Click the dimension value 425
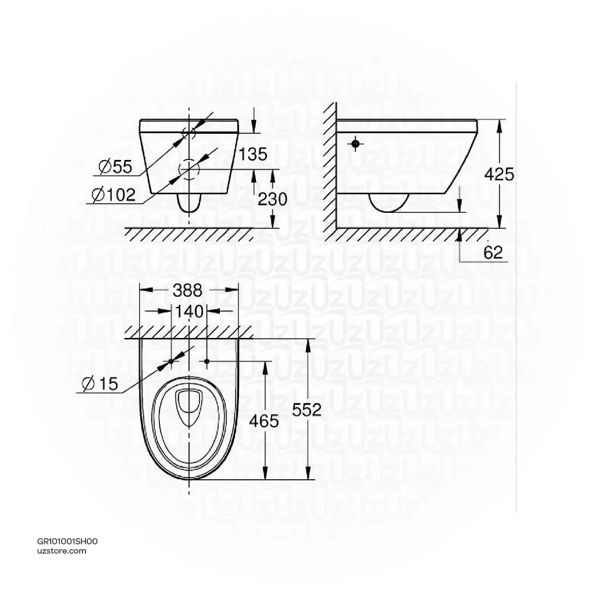point(500,174)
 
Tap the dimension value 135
point(252,154)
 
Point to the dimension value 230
point(272,199)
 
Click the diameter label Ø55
point(115,168)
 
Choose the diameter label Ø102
point(113,195)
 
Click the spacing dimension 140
point(190,311)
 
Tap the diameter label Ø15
point(100,383)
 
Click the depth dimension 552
point(307,409)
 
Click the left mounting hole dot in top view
point(171,361)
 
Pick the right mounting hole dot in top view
point(207,361)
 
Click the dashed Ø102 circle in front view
point(190,169)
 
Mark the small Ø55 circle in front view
point(190,133)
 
